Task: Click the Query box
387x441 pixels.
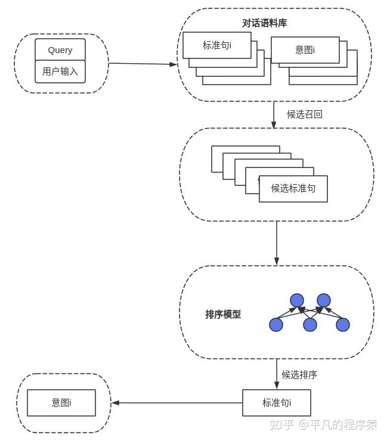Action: coord(60,50)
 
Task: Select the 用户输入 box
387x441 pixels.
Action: coord(60,72)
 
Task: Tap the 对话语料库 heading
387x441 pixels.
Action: coord(264,23)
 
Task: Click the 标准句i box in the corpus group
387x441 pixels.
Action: coord(217,45)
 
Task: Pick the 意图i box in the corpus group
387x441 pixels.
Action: coord(305,50)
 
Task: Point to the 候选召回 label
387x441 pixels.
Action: coord(305,114)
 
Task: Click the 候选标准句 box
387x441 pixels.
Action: coord(293,188)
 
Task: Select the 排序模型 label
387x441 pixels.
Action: coord(223,315)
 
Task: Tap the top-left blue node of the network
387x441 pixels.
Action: coord(297,300)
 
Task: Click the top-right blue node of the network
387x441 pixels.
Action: coord(324,300)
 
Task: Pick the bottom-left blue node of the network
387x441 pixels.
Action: coord(276,325)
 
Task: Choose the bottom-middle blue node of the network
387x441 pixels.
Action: coord(310,325)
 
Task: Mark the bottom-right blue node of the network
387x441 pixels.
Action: coord(343,325)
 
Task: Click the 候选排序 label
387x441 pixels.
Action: coord(299,375)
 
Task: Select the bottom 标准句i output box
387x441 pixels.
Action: coord(277,403)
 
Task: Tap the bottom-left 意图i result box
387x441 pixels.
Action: coord(61,403)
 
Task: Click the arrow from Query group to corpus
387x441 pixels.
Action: coord(143,64)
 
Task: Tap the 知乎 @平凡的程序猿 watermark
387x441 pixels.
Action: coord(323,424)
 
